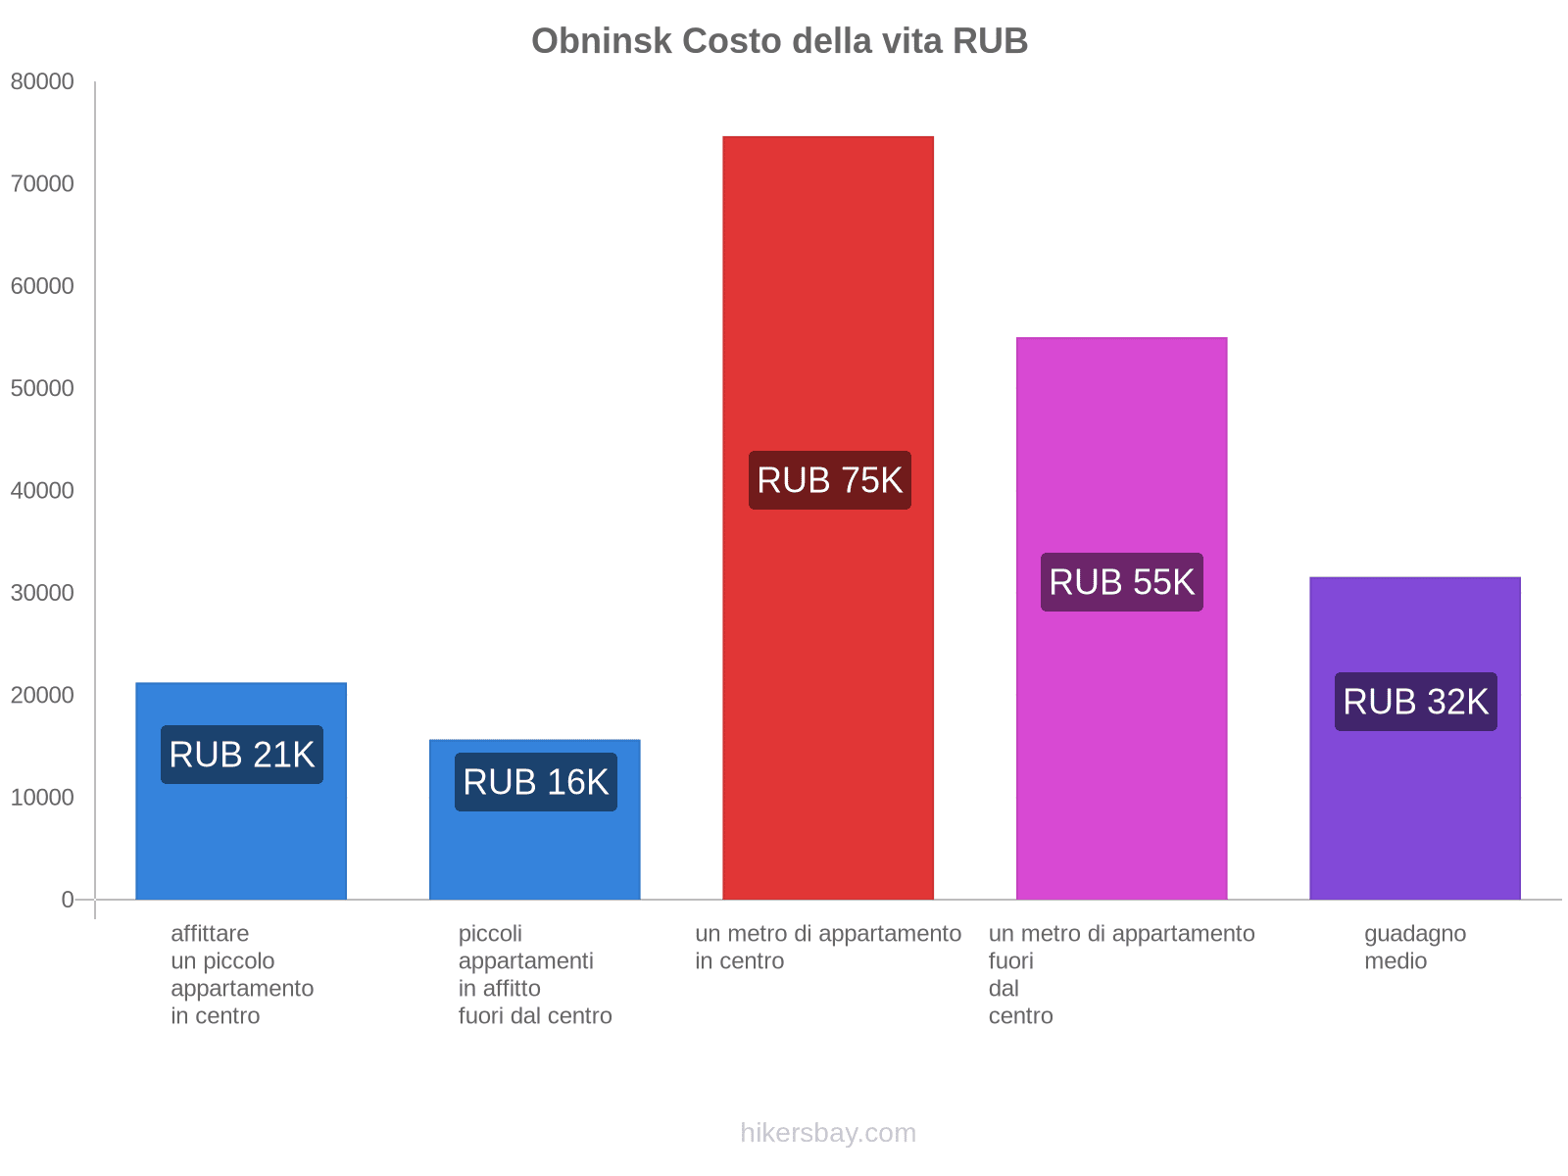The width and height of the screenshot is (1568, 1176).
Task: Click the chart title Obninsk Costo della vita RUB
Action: [779, 41]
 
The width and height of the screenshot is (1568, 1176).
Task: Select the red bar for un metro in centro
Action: [828, 294]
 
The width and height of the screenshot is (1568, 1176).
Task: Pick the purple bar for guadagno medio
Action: [1414, 804]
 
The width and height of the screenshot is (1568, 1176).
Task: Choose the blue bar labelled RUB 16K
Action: [535, 853]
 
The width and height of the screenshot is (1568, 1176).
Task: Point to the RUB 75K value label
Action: [830, 480]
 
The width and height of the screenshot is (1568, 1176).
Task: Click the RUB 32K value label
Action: [1415, 702]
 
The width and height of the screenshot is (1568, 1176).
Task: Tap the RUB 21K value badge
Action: [242, 755]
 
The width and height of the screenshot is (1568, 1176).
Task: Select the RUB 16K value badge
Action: [536, 782]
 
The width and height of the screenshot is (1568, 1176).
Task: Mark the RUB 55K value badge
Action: [1122, 582]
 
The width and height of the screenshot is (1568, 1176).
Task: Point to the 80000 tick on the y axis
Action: [42, 82]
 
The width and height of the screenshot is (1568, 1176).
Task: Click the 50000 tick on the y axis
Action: [42, 389]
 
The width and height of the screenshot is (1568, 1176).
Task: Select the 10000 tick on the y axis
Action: [42, 798]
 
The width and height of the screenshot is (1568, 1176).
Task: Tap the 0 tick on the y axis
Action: [68, 900]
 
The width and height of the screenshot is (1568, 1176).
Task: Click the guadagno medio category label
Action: [1414, 947]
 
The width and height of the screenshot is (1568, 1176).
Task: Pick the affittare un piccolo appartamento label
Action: [241, 974]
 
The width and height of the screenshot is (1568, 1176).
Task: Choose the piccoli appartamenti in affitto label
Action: [535, 974]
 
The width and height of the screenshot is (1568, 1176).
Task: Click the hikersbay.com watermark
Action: [828, 1133]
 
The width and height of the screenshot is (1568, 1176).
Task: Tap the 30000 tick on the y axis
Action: [42, 593]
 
